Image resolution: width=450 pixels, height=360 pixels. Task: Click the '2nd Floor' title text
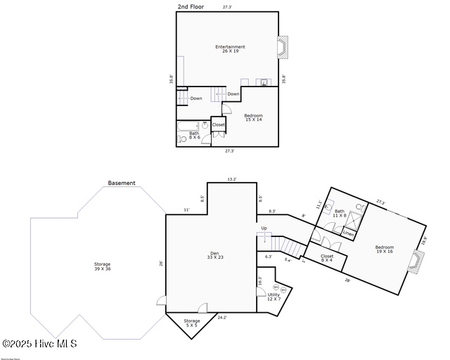(191, 6)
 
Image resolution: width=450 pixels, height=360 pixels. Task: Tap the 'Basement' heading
(122, 183)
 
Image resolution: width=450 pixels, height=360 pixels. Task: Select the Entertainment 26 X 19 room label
(230, 49)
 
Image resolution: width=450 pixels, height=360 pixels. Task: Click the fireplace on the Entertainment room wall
(283, 49)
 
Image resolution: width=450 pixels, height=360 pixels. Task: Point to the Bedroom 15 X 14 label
(253, 117)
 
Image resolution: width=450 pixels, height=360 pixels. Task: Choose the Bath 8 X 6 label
(194, 135)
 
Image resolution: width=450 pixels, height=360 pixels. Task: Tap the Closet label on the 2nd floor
(219, 125)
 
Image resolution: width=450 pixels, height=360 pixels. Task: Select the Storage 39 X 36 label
(103, 266)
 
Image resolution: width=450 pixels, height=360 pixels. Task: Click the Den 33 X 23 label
(215, 255)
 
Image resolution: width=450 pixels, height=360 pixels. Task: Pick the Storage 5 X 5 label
(192, 323)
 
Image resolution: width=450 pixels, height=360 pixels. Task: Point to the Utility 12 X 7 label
(273, 297)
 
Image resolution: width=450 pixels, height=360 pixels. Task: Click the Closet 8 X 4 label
(327, 258)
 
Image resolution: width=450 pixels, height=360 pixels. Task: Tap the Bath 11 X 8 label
(339, 213)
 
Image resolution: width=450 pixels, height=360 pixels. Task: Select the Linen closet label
(348, 233)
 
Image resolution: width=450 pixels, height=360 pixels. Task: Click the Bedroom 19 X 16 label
(384, 249)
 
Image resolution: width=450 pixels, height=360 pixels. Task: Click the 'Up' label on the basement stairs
(264, 228)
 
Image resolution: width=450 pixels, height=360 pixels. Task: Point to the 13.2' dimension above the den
(231, 179)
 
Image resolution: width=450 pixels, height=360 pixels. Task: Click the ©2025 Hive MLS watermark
(39, 344)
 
